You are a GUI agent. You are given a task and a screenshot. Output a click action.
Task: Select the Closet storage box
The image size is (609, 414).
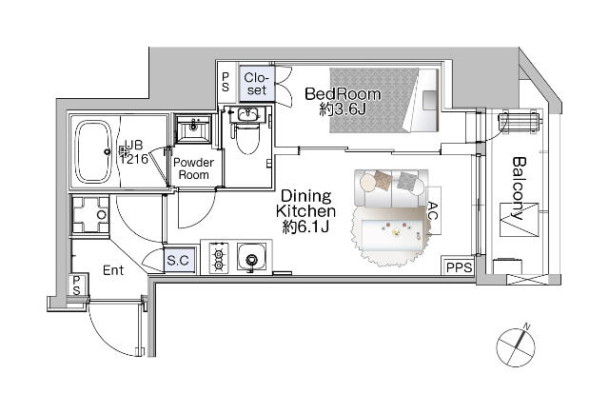click(257, 84)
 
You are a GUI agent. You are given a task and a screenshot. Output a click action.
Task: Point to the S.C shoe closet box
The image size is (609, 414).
click(178, 260)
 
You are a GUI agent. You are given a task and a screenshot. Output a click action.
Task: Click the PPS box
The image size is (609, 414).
click(459, 267)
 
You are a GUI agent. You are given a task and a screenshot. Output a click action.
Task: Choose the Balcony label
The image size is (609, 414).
click(519, 187)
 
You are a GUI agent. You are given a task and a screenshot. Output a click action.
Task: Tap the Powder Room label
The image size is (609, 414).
click(193, 168)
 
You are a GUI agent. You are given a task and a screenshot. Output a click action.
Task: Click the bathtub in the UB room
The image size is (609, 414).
click(93, 152)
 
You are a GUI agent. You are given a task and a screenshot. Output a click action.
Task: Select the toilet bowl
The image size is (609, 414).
click(247, 137)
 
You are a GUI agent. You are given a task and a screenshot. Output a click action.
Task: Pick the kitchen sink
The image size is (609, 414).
click(252, 257)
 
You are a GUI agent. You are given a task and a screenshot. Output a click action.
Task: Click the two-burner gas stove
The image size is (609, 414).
click(219, 258)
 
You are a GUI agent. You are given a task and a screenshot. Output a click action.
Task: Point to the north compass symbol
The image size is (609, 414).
click(516, 346)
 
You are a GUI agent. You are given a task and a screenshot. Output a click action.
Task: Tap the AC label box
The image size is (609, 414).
click(434, 210)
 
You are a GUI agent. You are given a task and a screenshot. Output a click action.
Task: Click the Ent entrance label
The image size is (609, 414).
click(113, 270)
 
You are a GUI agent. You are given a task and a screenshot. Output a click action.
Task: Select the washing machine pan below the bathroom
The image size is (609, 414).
click(91, 215)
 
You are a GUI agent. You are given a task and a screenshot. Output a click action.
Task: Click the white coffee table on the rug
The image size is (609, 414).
click(394, 234)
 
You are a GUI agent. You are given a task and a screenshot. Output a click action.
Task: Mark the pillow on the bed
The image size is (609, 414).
click(429, 100)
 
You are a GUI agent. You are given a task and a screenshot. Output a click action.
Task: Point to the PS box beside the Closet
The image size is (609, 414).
click(226, 83)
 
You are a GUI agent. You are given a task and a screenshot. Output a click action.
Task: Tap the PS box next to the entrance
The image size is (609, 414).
click(76, 286)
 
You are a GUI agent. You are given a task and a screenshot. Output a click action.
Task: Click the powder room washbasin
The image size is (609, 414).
click(193, 128)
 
